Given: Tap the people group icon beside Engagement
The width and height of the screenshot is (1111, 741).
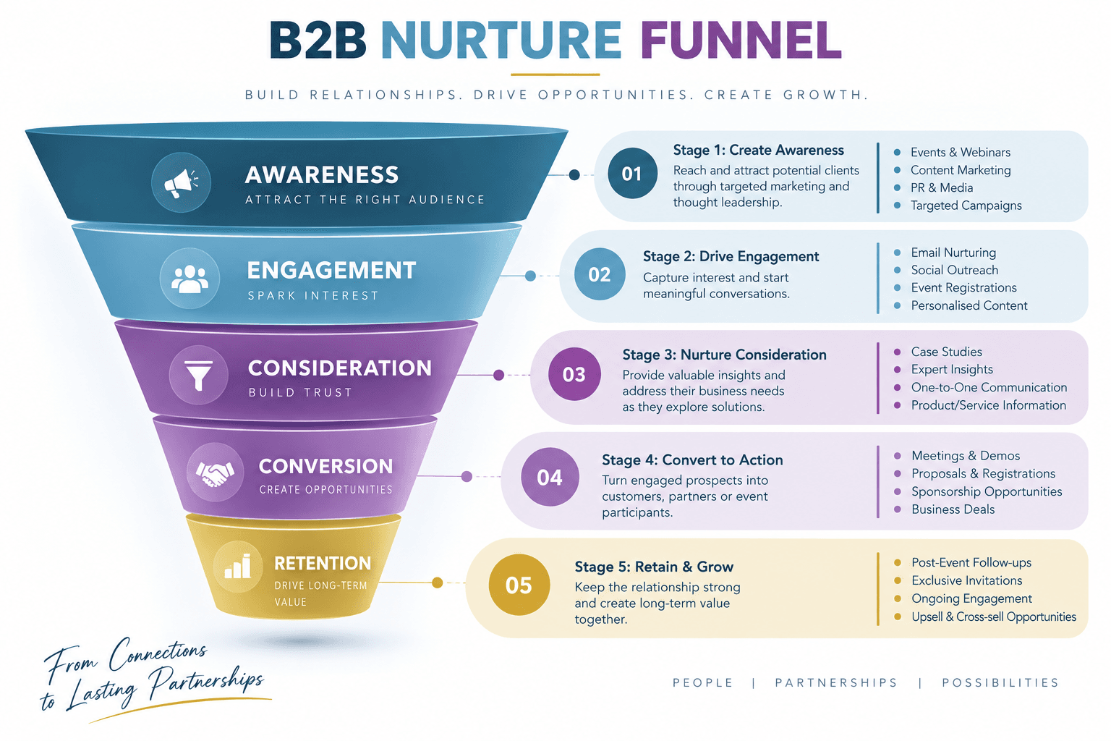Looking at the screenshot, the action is coord(190,279).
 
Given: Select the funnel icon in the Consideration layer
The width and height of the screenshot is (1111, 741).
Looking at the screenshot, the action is coord(198,376).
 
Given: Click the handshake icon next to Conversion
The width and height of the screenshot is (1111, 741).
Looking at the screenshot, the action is coord(214,473).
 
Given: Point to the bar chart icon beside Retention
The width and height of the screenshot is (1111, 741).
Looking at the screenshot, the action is coord(237,567).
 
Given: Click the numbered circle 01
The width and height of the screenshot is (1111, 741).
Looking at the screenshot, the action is coord(632,174).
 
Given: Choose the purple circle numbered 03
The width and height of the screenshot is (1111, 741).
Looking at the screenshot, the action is coord(574,374).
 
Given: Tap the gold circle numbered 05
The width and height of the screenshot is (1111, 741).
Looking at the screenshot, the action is coord(519,585).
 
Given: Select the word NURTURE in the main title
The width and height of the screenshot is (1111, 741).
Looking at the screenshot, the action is coord(501,41).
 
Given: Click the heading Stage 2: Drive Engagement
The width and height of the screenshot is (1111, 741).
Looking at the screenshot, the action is coord(731,256).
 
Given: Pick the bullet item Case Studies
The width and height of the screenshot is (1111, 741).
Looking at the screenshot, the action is coord(946,352).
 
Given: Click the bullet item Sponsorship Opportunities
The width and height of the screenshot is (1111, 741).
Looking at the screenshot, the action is coord(987,491).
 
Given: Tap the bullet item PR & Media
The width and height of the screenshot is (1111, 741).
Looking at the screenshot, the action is coord(941,187).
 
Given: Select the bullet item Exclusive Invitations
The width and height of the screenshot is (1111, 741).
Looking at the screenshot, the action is coord(966,580).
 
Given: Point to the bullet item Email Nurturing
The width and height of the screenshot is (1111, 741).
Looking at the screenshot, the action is coord(953,253).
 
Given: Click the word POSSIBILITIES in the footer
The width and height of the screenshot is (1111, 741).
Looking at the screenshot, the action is coord(1000,683).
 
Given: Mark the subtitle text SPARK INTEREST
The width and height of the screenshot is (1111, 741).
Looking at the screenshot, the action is coord(313,296).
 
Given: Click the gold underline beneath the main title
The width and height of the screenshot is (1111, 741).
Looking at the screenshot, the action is coord(555,75).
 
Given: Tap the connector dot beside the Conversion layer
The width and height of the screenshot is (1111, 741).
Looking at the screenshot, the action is coord(467,476).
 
